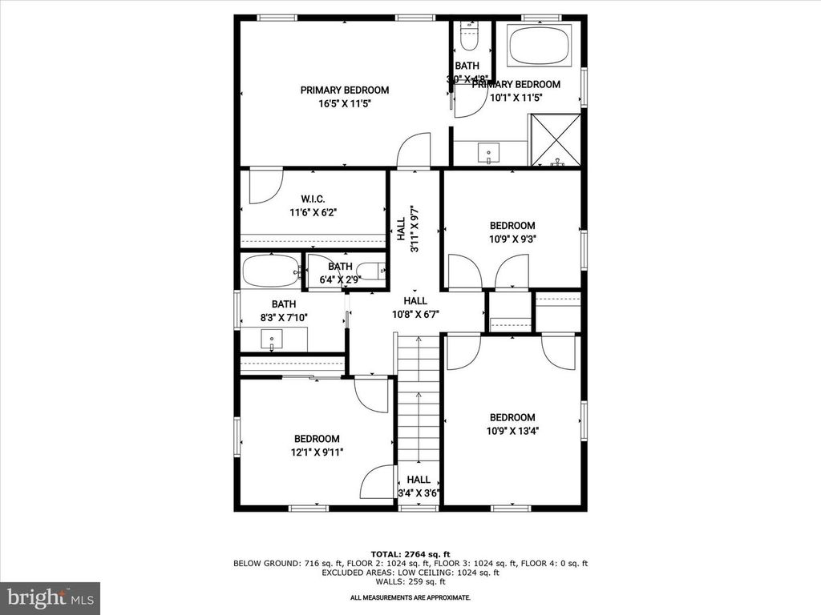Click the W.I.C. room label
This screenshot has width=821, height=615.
[313, 199]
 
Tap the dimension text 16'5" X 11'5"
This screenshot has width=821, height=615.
[344, 103]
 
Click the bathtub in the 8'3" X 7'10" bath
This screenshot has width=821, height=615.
[270, 271]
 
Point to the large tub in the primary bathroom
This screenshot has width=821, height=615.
[540, 46]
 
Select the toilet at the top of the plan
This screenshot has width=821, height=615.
[468, 36]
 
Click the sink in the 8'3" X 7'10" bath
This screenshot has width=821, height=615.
[273, 341]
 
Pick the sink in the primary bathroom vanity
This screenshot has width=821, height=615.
[487, 152]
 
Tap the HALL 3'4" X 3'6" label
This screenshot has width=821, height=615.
[419, 486]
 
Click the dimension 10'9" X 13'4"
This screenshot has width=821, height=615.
[512, 430]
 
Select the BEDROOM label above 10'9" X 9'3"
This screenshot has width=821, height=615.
[512, 226]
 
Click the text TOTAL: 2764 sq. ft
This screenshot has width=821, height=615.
[410, 554]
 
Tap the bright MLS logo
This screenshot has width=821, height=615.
[50, 597]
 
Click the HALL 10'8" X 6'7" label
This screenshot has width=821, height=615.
[415, 307]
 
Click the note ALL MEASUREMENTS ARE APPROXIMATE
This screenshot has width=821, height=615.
[410, 597]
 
